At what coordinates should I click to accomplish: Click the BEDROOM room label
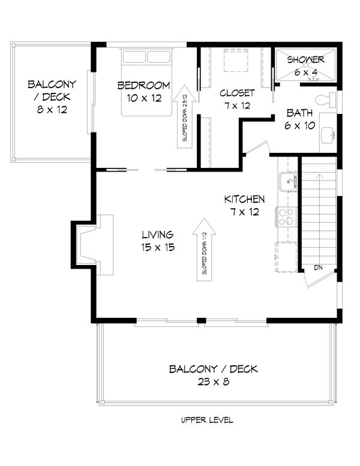tap(143, 85)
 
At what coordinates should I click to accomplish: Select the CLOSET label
tap(236, 93)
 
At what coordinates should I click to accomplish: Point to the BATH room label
tap(298, 113)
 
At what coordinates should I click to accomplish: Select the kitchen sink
tap(287, 181)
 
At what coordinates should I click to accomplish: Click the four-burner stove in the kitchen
tap(286, 216)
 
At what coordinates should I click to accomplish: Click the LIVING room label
tap(158, 234)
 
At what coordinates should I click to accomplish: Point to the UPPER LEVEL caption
tap(207, 420)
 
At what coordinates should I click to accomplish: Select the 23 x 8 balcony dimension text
tap(213, 381)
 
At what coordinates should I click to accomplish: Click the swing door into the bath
tap(256, 147)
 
